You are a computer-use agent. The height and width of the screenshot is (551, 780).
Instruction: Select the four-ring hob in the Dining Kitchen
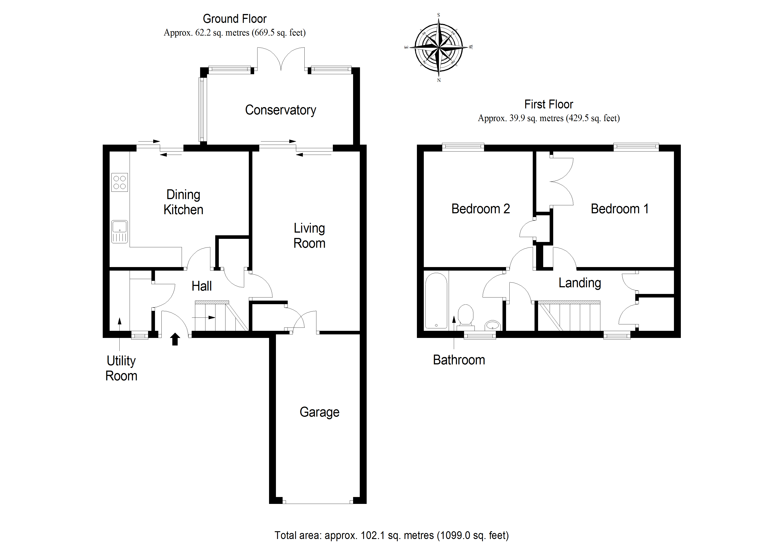point(120,182)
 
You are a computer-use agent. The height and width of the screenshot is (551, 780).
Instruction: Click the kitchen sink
point(120,232)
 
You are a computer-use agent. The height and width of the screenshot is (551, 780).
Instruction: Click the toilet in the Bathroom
point(465,316)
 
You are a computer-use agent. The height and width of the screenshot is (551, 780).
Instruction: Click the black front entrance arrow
point(175,339)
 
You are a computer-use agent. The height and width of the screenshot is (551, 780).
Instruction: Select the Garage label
point(319,412)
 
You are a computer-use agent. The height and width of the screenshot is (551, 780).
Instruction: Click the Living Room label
point(309,236)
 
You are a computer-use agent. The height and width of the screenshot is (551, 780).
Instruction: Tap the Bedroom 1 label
point(619,209)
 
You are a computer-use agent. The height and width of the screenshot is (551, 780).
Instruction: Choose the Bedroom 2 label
point(480,209)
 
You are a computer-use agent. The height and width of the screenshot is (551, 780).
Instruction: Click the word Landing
point(580,283)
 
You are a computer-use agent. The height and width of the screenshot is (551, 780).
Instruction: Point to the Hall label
point(201,286)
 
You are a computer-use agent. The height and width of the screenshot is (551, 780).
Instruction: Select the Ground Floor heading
point(234,19)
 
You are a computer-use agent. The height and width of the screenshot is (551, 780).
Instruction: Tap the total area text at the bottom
point(391,535)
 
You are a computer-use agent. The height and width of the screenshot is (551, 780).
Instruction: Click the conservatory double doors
point(281,59)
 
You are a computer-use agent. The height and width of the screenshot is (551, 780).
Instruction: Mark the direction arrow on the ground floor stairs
point(204,318)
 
